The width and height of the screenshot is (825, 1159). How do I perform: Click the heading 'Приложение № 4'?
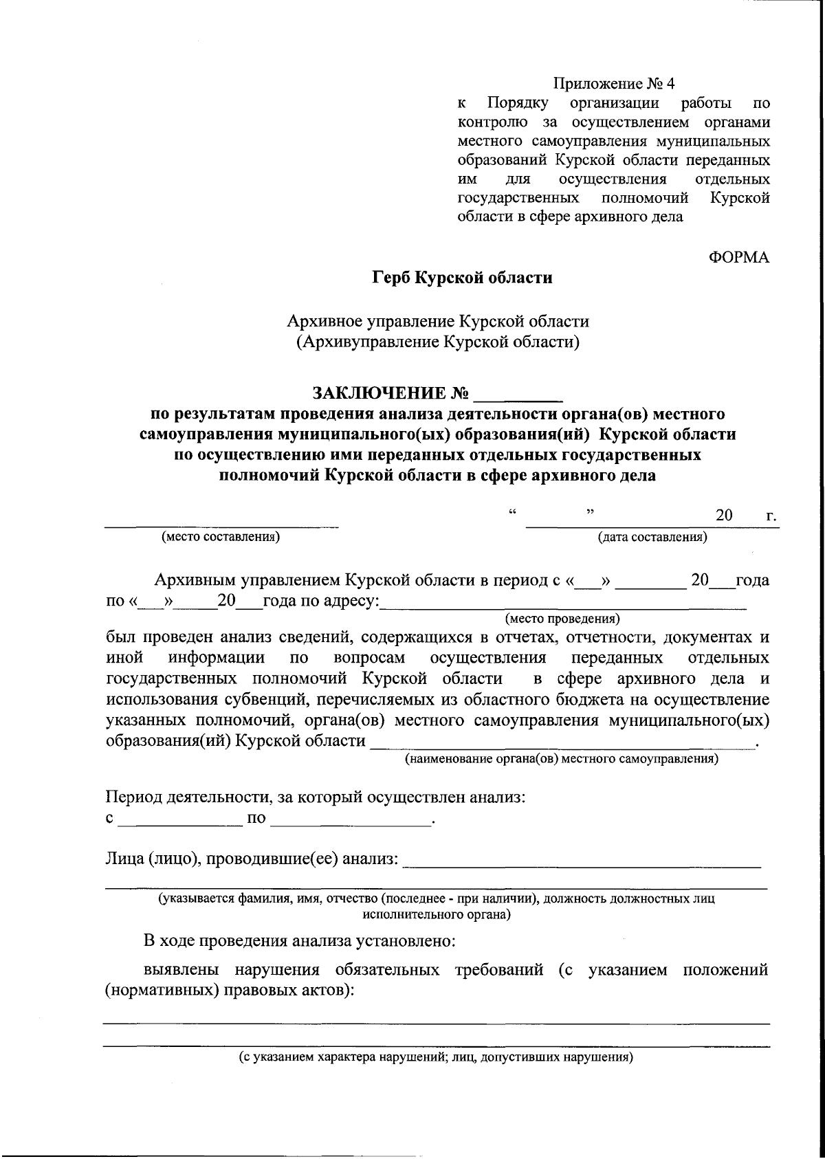tap(615, 84)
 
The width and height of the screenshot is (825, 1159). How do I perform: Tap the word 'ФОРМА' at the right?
tap(738, 258)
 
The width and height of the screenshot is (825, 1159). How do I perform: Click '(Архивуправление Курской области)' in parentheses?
tap(437, 342)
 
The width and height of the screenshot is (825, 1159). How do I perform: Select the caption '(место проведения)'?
tap(562, 618)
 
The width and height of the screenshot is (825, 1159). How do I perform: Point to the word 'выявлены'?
tap(182, 970)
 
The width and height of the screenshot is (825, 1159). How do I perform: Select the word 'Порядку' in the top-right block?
tap(518, 104)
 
